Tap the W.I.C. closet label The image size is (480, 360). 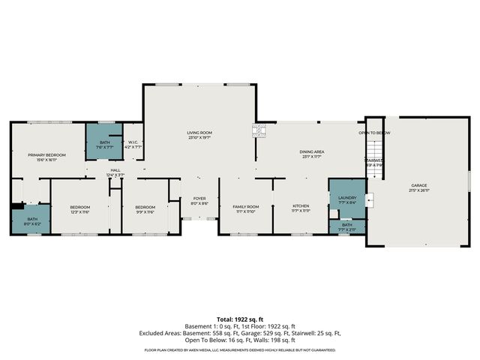[x=132, y=145]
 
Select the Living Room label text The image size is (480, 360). [x=200, y=135]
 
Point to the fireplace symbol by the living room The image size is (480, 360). [x=260, y=131]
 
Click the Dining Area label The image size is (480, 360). [x=311, y=154]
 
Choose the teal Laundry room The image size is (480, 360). [x=346, y=200]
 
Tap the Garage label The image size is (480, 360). [x=418, y=187]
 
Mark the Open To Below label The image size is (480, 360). [x=373, y=133]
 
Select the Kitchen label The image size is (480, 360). [x=301, y=208]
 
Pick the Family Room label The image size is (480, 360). [x=245, y=208]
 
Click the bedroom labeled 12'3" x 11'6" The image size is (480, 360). [x=80, y=210]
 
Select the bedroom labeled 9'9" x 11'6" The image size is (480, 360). [x=145, y=210]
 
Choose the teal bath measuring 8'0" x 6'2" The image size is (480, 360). [x=30, y=222]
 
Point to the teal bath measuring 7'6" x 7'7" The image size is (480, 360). [x=104, y=145]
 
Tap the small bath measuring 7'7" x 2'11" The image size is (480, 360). [x=346, y=226]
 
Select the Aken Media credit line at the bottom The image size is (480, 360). [x=240, y=349]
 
